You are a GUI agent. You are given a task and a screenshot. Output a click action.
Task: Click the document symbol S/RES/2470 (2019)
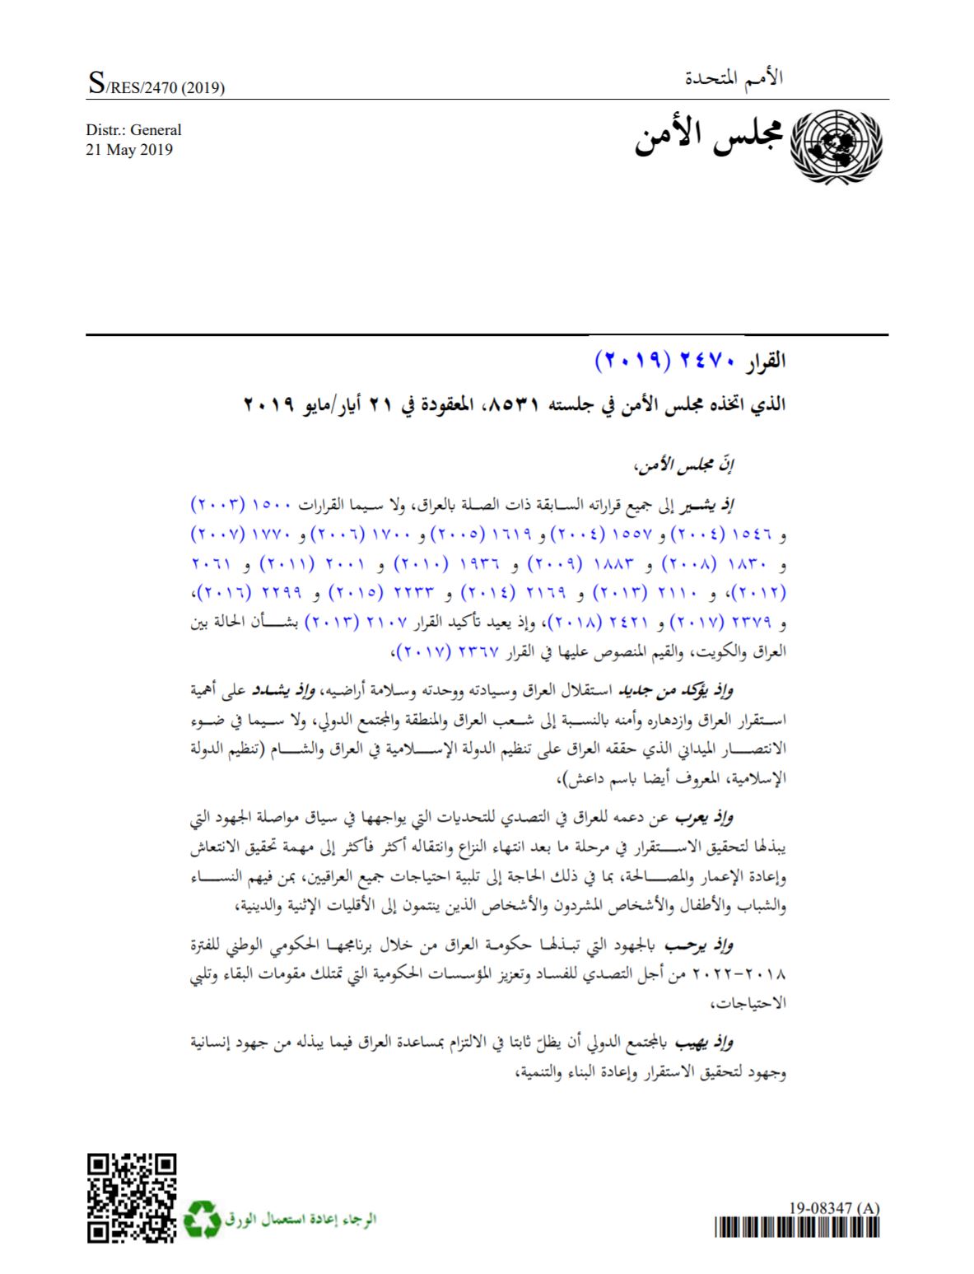(x=156, y=86)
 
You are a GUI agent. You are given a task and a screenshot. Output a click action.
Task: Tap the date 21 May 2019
(x=129, y=150)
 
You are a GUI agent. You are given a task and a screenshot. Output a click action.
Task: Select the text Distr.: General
(x=133, y=130)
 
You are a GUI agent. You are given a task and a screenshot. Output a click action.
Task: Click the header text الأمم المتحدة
(x=734, y=79)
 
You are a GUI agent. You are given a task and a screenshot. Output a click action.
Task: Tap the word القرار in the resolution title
(x=767, y=361)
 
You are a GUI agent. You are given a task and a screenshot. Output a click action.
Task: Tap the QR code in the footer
(x=132, y=1197)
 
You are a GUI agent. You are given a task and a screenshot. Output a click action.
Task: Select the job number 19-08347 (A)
(x=834, y=1208)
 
